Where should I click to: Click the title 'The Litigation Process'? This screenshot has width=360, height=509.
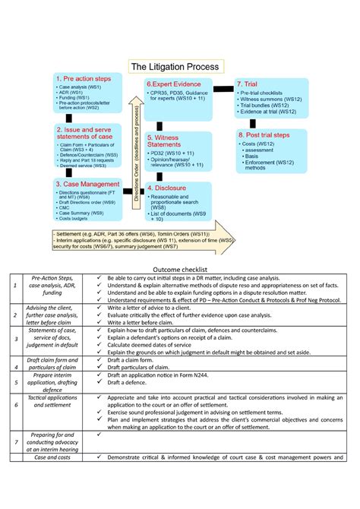175,67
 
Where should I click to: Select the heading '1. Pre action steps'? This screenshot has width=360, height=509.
86,79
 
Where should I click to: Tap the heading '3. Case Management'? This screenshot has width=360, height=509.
87,183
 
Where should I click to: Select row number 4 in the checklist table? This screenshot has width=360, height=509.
15,368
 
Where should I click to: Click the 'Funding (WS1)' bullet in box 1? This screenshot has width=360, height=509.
74,98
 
